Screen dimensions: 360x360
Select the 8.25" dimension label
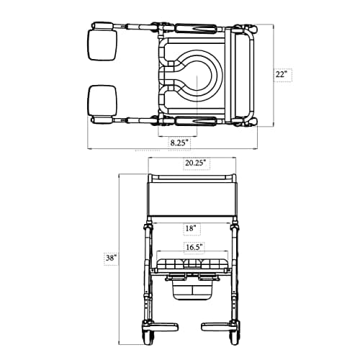[x=176, y=143]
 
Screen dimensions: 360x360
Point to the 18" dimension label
[x=191, y=228]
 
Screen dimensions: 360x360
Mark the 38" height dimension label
[x=111, y=257]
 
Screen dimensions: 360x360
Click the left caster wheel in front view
[x=148, y=332]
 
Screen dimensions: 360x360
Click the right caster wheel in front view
[x=237, y=332]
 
